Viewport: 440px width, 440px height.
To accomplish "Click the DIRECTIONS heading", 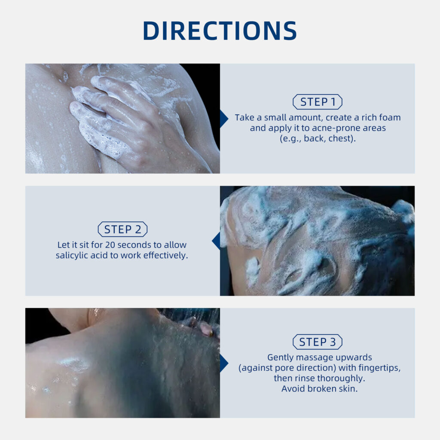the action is (x=220, y=31).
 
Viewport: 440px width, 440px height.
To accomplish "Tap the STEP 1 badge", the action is (x=318, y=101).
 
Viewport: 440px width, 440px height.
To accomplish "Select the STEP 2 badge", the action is (x=122, y=229).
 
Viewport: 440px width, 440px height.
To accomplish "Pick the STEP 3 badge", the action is (x=318, y=342).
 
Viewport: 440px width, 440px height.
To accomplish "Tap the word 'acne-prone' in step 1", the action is (x=336, y=128).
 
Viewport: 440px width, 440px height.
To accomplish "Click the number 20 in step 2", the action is (x=110, y=245).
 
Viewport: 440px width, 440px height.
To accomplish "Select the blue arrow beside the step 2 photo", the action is (x=216, y=241).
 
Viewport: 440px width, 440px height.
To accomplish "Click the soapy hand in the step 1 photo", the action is (x=118, y=118).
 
